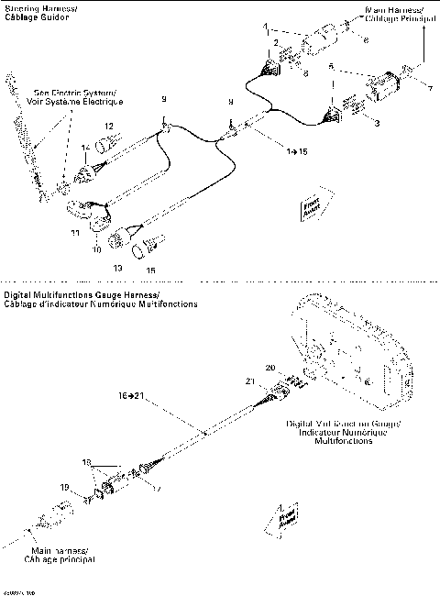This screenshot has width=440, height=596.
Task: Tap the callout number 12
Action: pyautogui.click(x=108, y=126)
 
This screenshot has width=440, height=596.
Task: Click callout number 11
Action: pyautogui.click(x=75, y=234)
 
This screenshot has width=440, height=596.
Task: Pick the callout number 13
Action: pyautogui.click(x=116, y=267)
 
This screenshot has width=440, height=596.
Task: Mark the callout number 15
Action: pyautogui.click(x=151, y=270)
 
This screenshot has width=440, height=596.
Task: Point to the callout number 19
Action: pyautogui.click(x=64, y=486)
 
